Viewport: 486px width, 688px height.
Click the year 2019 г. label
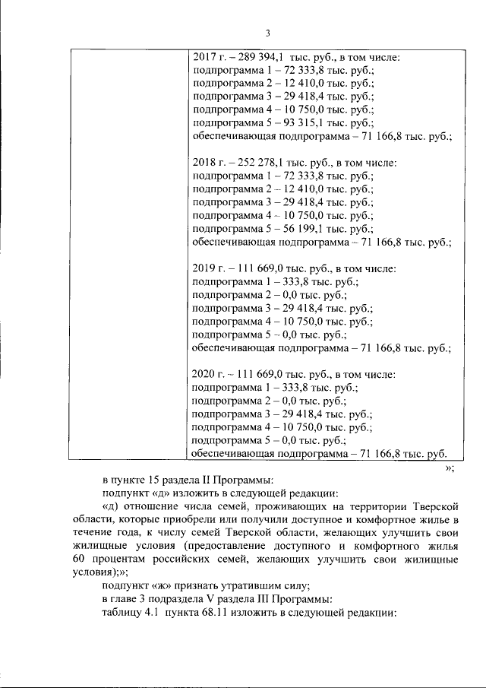pyautogui.click(x=207, y=268)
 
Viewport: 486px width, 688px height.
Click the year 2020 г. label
pyautogui.click(x=207, y=374)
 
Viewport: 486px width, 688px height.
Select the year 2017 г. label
pyautogui.click(x=207, y=57)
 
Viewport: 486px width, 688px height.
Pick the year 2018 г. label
pyautogui.click(x=207, y=163)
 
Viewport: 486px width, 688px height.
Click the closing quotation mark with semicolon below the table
pyautogui.click(x=449, y=468)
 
